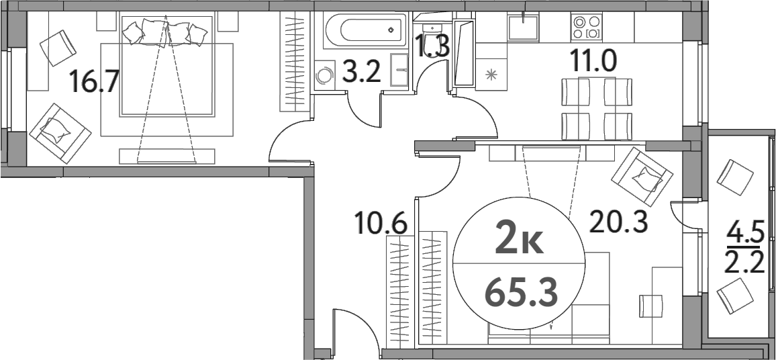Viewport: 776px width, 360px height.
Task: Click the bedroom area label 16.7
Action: [95, 83]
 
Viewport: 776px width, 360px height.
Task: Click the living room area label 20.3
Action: [618, 220]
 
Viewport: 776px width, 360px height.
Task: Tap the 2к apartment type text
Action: [522, 240]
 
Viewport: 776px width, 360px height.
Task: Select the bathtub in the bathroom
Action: [365, 30]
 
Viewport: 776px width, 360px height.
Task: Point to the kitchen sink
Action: [524, 28]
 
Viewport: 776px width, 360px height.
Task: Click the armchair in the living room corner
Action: [641, 177]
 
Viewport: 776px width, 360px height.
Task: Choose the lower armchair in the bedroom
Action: [60, 130]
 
